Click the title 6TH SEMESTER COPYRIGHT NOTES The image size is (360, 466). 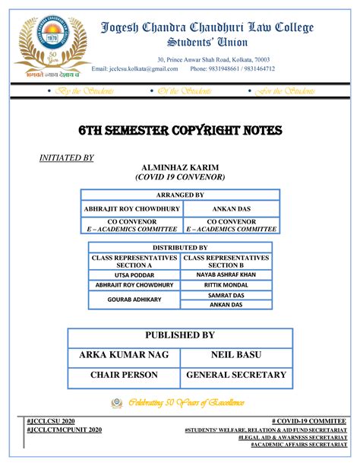pyautogui.click(x=180, y=132)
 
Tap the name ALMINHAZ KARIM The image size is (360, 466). pyautogui.click(x=179, y=166)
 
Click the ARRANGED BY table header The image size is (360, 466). pyautogui.click(x=179, y=195)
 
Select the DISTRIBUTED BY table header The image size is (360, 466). pyautogui.click(x=179, y=248)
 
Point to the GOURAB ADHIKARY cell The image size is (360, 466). pyautogui.click(x=134, y=299)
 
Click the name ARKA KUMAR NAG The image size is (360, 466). pyautogui.click(x=124, y=355)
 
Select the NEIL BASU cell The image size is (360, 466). pyautogui.click(x=235, y=355)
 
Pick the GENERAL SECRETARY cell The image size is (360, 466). pyautogui.click(x=235, y=375)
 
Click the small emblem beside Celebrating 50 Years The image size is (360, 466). pyautogui.click(x=116, y=402)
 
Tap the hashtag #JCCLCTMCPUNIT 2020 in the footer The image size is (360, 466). pyautogui.click(x=63, y=430)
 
